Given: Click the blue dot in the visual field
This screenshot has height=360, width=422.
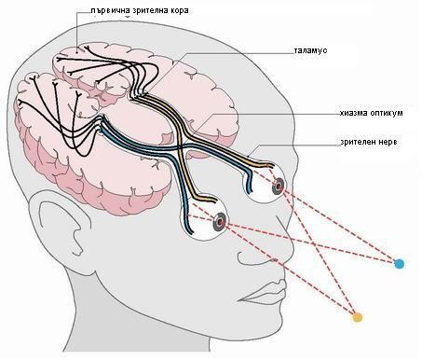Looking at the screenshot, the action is (399, 264).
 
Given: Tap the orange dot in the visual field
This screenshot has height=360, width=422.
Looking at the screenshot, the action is (358, 317).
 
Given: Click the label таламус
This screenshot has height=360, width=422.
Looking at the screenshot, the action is (310, 50).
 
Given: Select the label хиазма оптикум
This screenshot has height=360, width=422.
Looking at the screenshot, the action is (371, 113).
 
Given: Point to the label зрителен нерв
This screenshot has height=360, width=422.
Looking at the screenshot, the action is (369, 142).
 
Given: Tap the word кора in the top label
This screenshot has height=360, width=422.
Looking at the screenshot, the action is (179, 10).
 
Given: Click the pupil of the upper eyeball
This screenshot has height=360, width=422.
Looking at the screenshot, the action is (279, 187).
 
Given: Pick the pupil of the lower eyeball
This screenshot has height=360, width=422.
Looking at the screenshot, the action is (221, 221).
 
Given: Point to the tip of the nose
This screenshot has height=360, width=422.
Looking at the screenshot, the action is (293, 245).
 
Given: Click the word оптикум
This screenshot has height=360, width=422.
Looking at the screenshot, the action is (387, 113).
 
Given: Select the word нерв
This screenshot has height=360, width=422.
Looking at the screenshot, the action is (388, 142).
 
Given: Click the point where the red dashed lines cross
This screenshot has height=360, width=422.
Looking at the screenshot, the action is (316, 244).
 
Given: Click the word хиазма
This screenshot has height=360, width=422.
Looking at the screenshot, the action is (353, 113).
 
